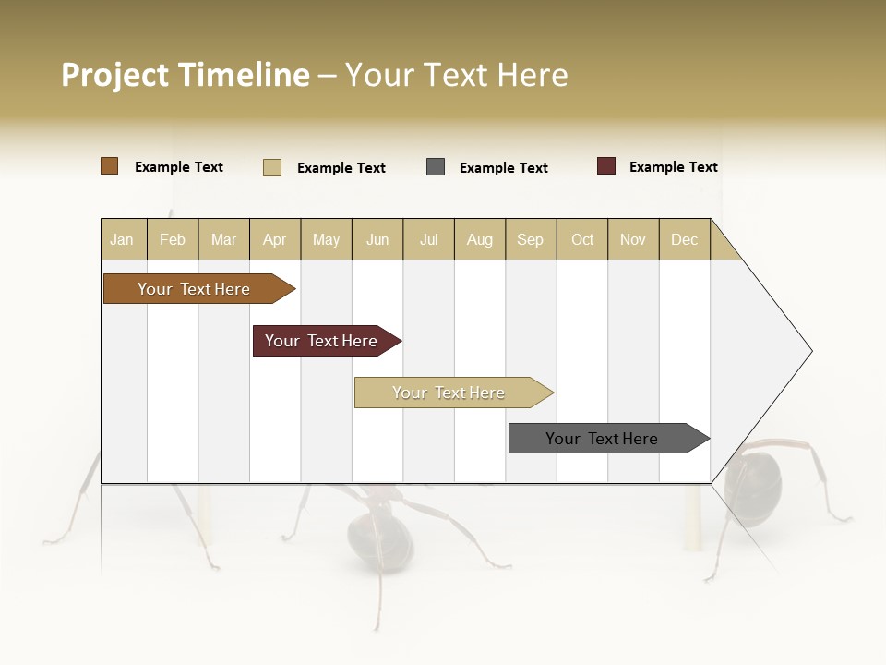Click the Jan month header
click(x=123, y=239)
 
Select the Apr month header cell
click(x=275, y=239)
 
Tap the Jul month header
click(x=428, y=239)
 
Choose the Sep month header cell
click(x=530, y=239)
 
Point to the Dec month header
click(x=684, y=239)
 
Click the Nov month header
click(x=633, y=239)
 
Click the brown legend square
click(x=110, y=166)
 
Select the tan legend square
click(x=272, y=167)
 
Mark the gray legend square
click(x=436, y=167)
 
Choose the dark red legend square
click(x=606, y=166)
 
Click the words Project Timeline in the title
click(x=185, y=75)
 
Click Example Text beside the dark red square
click(x=673, y=167)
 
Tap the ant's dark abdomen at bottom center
click(x=379, y=541)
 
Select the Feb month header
click(x=173, y=239)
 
